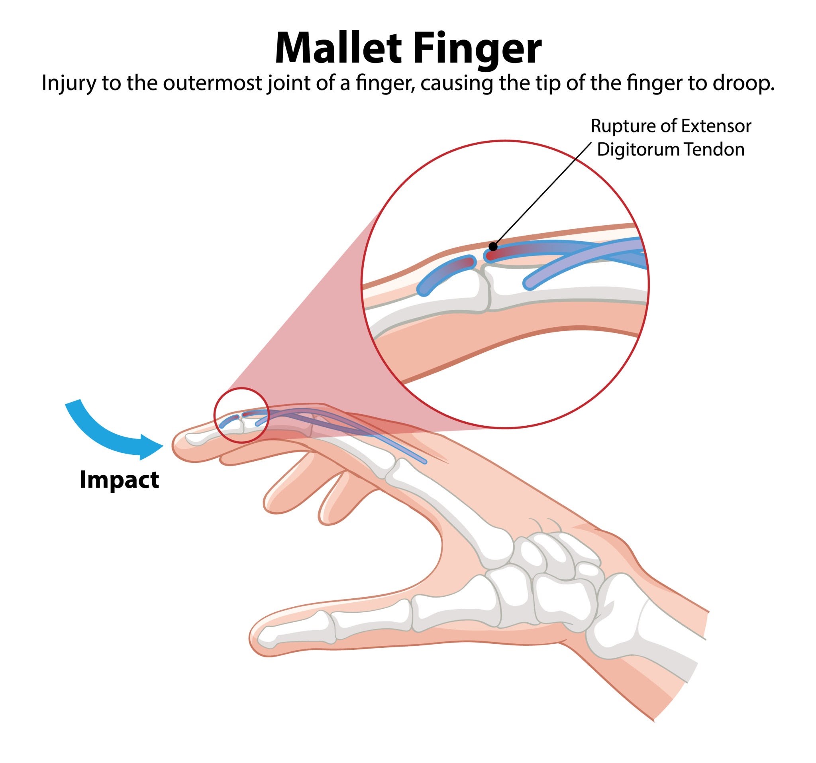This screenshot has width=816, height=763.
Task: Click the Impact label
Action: coord(120,480)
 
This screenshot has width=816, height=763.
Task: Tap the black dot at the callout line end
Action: coord(493,247)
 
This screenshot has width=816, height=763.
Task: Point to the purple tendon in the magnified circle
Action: coord(583,263)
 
